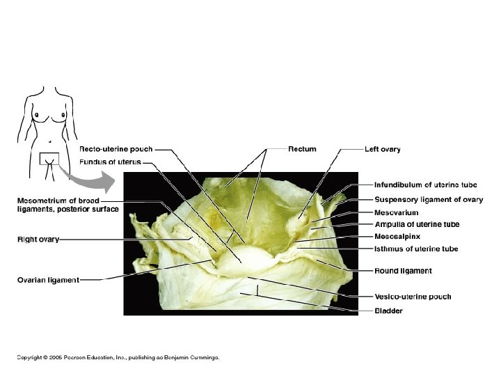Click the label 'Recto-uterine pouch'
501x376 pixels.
[116, 149]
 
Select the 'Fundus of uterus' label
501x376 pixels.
[110, 162]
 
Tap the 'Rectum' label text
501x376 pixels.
[303, 149]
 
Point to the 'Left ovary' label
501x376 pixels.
[383, 149]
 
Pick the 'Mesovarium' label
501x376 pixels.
[397, 212]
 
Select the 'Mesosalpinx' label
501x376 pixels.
[397, 237]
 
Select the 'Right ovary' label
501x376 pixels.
[38, 240]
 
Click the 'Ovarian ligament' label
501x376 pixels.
[48, 281]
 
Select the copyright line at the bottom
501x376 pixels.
[118, 357]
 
